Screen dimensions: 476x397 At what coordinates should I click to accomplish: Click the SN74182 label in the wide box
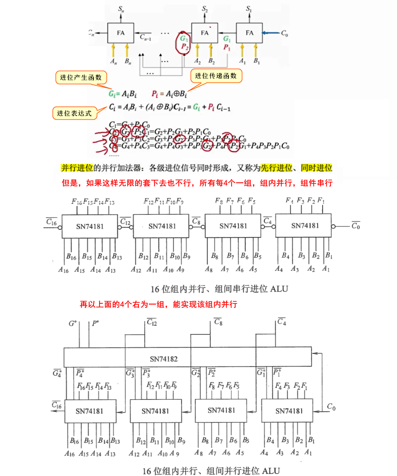[163, 359]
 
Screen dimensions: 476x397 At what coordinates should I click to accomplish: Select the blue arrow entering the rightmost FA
[271, 33]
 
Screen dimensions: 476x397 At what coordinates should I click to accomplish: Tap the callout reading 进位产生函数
[81, 77]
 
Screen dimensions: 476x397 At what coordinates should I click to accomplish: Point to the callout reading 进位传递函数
[216, 76]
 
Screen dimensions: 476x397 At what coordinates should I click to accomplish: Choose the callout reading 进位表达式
[74, 113]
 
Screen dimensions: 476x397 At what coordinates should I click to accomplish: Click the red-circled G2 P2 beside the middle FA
[184, 43]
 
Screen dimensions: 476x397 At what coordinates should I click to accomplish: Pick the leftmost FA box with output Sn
[121, 33]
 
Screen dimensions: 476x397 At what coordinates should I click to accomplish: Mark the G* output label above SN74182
[73, 323]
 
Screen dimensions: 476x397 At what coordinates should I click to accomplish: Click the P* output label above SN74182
[95, 323]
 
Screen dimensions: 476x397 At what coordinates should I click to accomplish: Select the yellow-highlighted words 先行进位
[276, 168]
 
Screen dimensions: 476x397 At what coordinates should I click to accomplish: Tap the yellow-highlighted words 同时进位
[316, 168]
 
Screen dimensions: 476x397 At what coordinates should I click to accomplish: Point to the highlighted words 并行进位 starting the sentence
[77, 168]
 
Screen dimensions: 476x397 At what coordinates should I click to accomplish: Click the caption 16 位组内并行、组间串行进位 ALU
[219, 289]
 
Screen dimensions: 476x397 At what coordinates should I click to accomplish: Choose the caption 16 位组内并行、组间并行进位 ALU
[211, 471]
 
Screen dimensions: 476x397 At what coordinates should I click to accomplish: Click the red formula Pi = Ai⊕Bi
[169, 94]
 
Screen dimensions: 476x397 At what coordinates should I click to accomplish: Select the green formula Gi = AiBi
[123, 94]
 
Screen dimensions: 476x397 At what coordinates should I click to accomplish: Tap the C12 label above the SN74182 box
[152, 322]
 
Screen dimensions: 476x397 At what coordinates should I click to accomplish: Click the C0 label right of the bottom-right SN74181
[331, 407]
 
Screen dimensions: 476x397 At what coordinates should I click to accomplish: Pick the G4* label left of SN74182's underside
[57, 373]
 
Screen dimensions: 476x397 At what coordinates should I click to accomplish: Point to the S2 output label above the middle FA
[205, 9]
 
